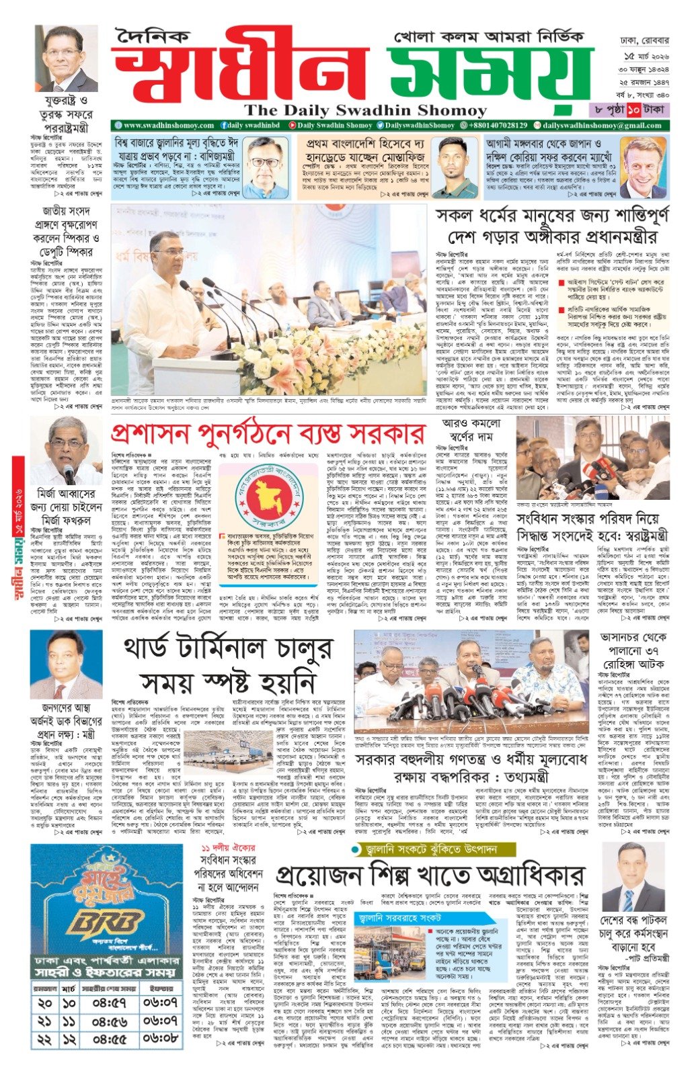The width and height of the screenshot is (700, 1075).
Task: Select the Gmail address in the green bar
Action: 602,126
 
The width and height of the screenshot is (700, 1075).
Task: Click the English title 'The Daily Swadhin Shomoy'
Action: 366,111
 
